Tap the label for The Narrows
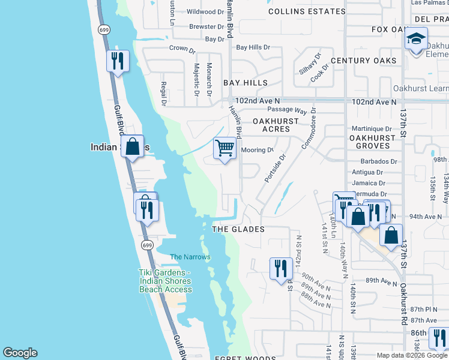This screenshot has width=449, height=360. pyautogui.click(x=190, y=257)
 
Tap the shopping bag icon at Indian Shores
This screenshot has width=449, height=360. pyautogui.click(x=132, y=146)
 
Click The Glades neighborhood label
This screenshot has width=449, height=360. pyautogui.click(x=239, y=229)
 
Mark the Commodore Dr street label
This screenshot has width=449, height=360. pyautogui.click(x=310, y=133)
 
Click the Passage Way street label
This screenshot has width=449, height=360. pyautogui.click(x=287, y=112)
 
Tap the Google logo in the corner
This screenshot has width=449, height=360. pyautogui.click(x=20, y=353)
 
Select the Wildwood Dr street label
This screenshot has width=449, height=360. pyautogui.click(x=205, y=11)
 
